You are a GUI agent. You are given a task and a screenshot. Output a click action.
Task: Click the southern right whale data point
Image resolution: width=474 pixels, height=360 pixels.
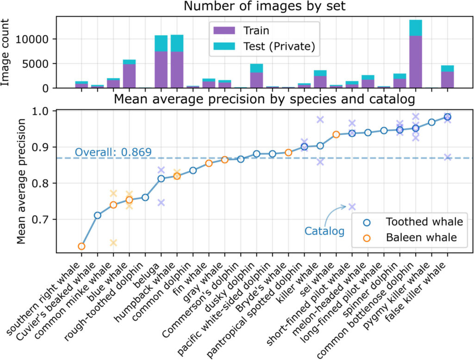81,246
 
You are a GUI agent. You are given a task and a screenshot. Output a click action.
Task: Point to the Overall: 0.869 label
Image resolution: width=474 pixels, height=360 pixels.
113,152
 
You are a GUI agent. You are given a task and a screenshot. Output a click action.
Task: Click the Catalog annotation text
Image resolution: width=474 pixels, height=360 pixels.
324,231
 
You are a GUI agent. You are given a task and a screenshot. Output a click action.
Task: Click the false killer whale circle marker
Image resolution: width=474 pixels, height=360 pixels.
447,117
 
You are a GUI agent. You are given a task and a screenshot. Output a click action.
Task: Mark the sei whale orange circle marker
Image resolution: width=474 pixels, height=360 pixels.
337,135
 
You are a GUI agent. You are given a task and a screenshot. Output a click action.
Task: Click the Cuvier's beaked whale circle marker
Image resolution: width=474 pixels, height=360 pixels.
97,215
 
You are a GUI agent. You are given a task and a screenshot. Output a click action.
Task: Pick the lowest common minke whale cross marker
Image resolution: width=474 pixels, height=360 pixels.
113,242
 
